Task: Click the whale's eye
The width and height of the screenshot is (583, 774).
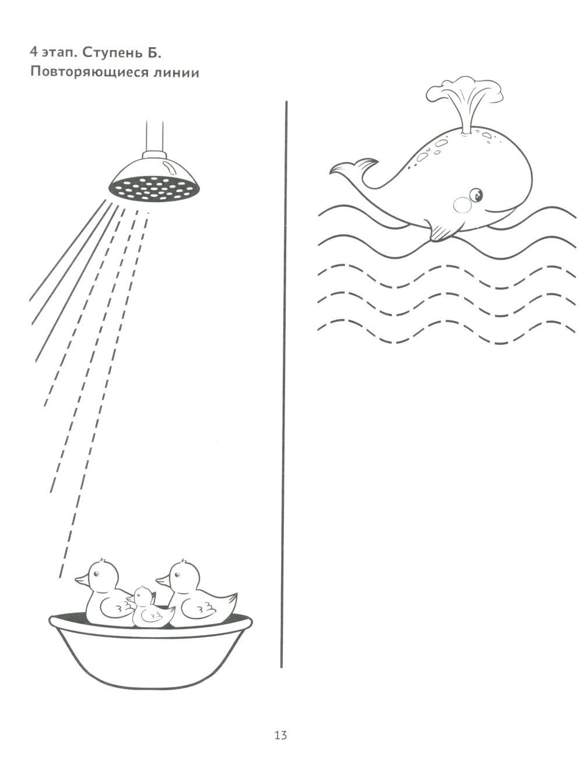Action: click(x=476, y=195)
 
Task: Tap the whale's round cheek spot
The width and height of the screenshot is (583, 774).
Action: click(x=463, y=205)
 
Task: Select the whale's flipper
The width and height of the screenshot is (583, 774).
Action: click(x=438, y=231)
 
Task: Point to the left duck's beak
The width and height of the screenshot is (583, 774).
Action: click(x=82, y=579)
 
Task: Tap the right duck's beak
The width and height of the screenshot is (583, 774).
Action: click(x=163, y=579)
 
